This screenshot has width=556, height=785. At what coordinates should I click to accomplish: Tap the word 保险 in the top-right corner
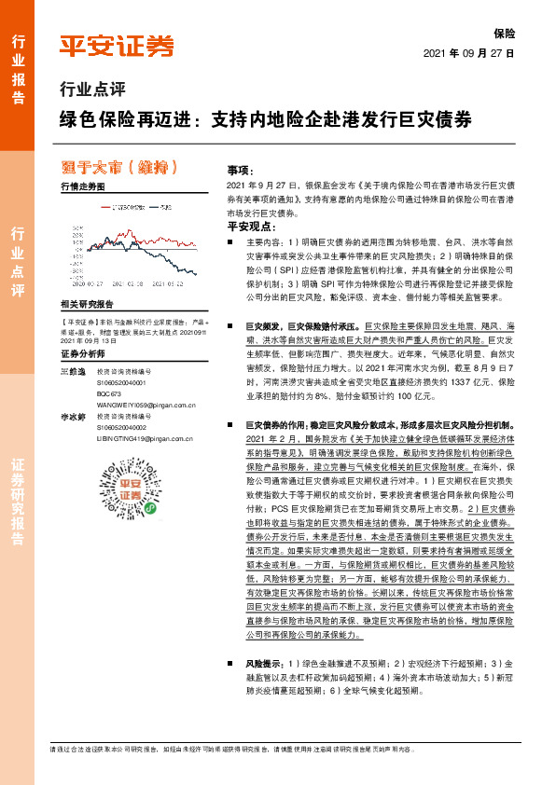(504, 34)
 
